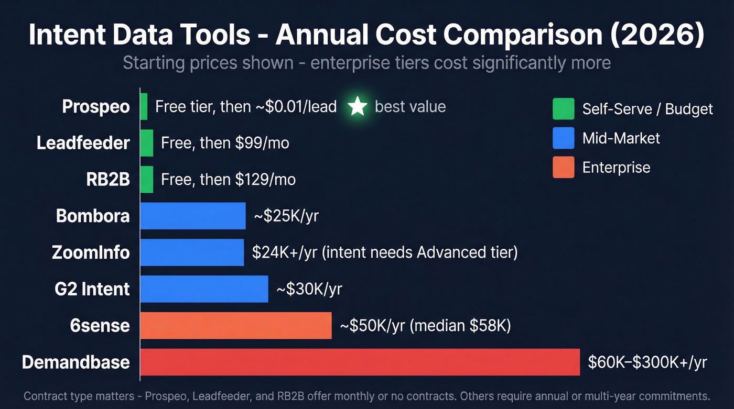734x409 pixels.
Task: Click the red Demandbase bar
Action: point(360,362)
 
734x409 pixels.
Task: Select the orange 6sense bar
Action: point(236,326)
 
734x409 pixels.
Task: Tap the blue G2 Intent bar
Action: point(204,289)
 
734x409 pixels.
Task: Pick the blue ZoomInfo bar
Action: point(192,252)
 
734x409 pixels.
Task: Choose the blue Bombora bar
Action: point(193,216)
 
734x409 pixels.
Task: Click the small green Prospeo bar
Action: point(144,107)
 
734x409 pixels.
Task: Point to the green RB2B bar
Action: point(147,180)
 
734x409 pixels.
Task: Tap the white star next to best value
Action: point(358,107)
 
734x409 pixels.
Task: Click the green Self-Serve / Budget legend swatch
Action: point(564,109)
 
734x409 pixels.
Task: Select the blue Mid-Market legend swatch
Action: point(564,138)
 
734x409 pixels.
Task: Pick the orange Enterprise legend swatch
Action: point(564,168)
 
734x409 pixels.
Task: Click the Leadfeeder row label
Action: point(83,143)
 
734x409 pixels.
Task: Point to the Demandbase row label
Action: point(76,362)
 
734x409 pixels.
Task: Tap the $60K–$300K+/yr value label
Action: point(647,362)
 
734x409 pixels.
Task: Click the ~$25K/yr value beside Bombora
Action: point(286,216)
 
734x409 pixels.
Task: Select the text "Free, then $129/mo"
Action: point(228,180)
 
